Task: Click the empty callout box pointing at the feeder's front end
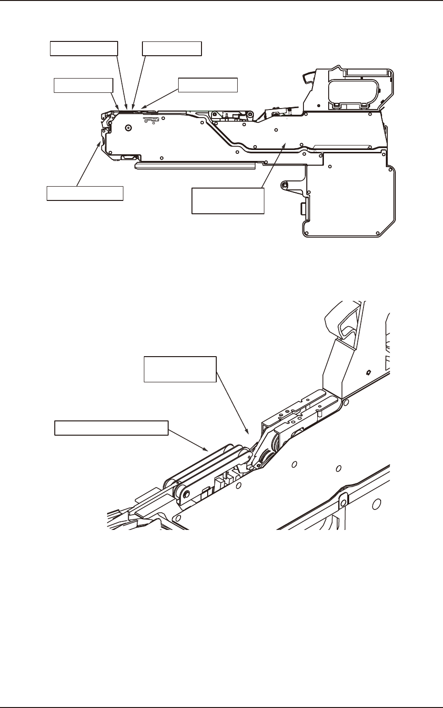(85, 193)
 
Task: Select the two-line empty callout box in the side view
(228, 200)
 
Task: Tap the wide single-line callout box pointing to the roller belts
(111, 428)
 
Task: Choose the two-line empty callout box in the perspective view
(180, 369)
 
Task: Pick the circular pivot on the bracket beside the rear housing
(284, 184)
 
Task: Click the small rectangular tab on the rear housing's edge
(302, 208)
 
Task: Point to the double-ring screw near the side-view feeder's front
(128, 128)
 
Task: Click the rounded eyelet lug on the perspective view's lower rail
(342, 498)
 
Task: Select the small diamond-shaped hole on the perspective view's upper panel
(368, 371)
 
